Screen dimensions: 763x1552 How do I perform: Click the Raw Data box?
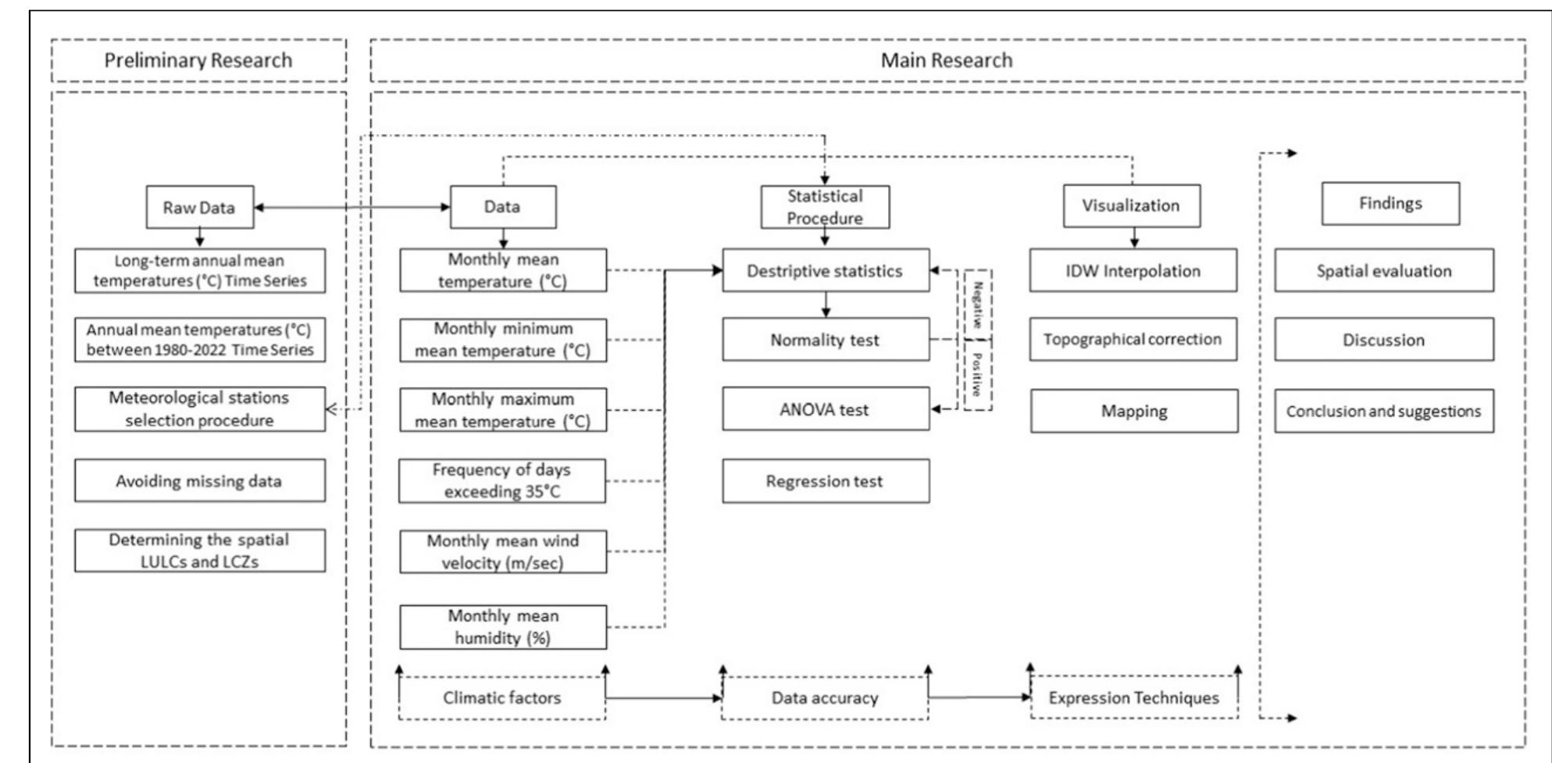(x=200, y=207)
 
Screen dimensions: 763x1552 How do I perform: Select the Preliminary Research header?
(x=198, y=60)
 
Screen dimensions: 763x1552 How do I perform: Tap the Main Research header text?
(x=946, y=60)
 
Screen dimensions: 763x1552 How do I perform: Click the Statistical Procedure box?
(x=825, y=207)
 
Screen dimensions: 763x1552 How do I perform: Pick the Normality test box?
(x=825, y=340)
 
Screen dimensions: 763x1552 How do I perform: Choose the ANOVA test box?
(x=825, y=409)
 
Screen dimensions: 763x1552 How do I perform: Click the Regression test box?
(x=825, y=481)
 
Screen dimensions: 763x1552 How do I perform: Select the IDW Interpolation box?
(x=1133, y=271)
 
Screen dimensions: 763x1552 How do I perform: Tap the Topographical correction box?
(x=1133, y=339)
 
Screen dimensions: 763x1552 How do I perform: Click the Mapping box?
(x=1134, y=412)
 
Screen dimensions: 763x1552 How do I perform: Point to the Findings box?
(x=1390, y=204)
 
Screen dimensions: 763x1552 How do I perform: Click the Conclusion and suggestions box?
(x=1383, y=412)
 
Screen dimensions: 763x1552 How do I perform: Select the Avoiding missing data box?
(x=199, y=481)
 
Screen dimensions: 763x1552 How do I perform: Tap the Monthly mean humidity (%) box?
(x=502, y=627)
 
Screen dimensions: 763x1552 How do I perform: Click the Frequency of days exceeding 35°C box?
(x=501, y=481)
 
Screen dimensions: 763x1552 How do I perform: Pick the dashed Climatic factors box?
(x=501, y=698)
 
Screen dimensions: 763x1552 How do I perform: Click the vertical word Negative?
(x=977, y=304)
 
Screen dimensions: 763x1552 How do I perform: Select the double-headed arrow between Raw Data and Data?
(x=351, y=207)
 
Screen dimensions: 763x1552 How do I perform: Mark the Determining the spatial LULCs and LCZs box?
(x=199, y=551)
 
